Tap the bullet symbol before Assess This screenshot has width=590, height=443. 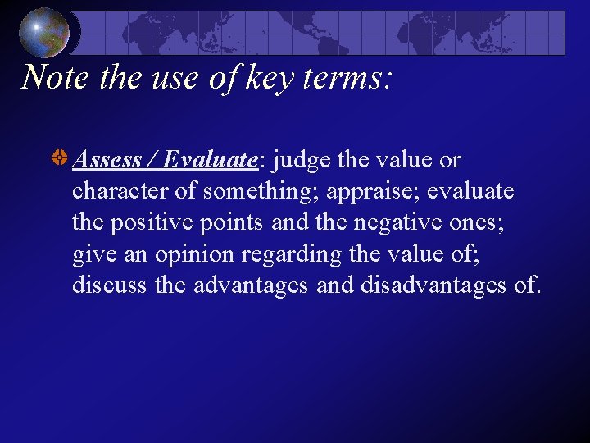[59, 159]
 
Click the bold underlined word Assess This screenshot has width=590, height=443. [107, 159]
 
